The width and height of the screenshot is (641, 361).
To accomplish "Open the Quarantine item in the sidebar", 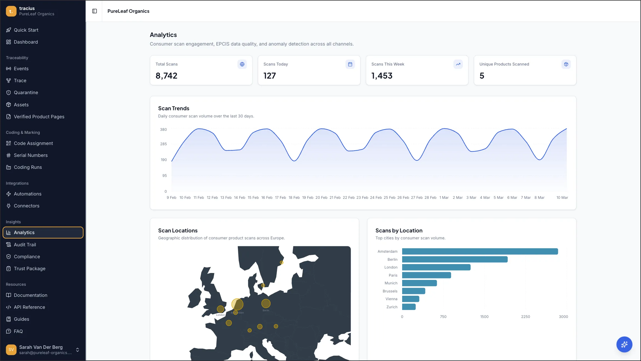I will (x=26, y=92).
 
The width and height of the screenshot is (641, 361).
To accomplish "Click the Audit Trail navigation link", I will (x=25, y=245).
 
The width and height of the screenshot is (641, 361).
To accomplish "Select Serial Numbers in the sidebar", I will (x=31, y=155).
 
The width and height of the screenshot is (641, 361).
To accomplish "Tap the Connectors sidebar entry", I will (x=26, y=206).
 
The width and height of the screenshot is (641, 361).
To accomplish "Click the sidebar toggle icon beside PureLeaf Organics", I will (x=94, y=11).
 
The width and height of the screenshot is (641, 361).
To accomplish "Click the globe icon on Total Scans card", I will (x=242, y=64).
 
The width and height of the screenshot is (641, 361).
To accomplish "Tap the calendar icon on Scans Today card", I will (x=350, y=64).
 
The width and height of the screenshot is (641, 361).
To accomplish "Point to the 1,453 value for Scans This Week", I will (x=382, y=76).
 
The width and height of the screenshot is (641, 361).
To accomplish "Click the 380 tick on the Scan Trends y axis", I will (x=163, y=129).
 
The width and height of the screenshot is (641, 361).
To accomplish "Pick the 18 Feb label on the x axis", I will (x=294, y=197).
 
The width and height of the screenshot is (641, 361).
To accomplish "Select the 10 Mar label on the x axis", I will (x=562, y=197).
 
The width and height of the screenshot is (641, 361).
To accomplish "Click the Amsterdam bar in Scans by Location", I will (x=480, y=251).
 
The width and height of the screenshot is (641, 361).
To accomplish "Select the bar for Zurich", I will (x=409, y=307).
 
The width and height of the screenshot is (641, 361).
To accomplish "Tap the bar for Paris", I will (x=426, y=275).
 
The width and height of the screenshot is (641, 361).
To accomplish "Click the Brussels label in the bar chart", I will (x=390, y=291).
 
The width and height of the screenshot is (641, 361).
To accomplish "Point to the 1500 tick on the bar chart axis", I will (x=484, y=317).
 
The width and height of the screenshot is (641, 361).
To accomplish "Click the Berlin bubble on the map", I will (x=266, y=304).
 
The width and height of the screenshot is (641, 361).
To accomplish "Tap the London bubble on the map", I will (x=221, y=309).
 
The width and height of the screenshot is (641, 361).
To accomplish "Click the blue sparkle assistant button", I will (x=624, y=344).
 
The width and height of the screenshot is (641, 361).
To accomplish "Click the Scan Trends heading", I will (x=174, y=108).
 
